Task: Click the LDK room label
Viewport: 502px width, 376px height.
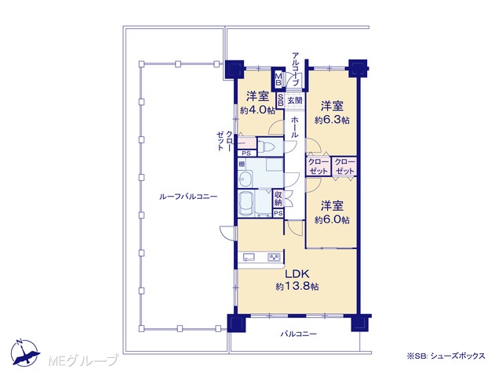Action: click(x=296, y=274)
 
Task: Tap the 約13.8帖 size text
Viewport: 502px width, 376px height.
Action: click(x=297, y=287)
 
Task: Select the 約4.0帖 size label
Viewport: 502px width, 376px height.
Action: click(x=257, y=110)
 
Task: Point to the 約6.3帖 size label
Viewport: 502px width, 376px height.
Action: click(x=332, y=120)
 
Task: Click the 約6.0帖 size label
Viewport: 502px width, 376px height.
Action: click(x=332, y=220)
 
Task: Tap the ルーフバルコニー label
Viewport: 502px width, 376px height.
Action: click(x=188, y=197)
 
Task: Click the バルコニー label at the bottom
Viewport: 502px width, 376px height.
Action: click(x=299, y=334)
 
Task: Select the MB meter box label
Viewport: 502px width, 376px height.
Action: click(x=278, y=79)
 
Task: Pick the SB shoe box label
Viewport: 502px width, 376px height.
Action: click(x=280, y=100)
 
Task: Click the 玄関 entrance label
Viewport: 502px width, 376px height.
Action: click(x=295, y=100)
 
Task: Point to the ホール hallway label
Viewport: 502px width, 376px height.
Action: click(x=294, y=127)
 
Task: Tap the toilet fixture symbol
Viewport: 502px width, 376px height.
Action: click(x=266, y=147)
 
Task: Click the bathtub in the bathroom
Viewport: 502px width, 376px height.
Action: click(x=246, y=204)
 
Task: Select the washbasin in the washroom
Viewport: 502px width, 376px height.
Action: click(x=246, y=179)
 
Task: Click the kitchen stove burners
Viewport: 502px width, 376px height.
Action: click(x=274, y=257)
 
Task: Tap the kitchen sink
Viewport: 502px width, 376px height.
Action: click(x=249, y=257)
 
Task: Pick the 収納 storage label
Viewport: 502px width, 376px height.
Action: click(x=278, y=198)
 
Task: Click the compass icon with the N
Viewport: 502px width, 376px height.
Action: click(x=25, y=352)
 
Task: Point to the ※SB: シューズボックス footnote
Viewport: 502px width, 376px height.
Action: click(x=446, y=356)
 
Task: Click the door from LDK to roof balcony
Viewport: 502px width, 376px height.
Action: click(x=229, y=233)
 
